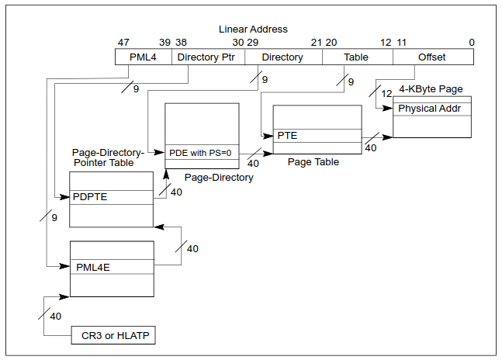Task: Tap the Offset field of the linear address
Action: [x=432, y=57]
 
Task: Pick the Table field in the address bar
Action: [x=356, y=57]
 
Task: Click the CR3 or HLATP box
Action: [x=113, y=336]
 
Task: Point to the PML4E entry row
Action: [x=112, y=267]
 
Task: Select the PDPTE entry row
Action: [x=111, y=197]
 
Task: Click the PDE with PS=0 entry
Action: [x=201, y=153]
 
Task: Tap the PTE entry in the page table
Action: [x=317, y=136]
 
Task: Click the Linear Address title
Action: [x=253, y=29]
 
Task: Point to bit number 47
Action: [x=123, y=42]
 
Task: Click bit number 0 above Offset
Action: [x=472, y=42]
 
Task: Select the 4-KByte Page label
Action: [x=431, y=89]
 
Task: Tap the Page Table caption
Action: [x=313, y=162]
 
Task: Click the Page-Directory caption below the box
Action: [x=219, y=178]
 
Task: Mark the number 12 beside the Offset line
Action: [x=386, y=93]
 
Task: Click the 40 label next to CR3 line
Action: [x=55, y=317]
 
